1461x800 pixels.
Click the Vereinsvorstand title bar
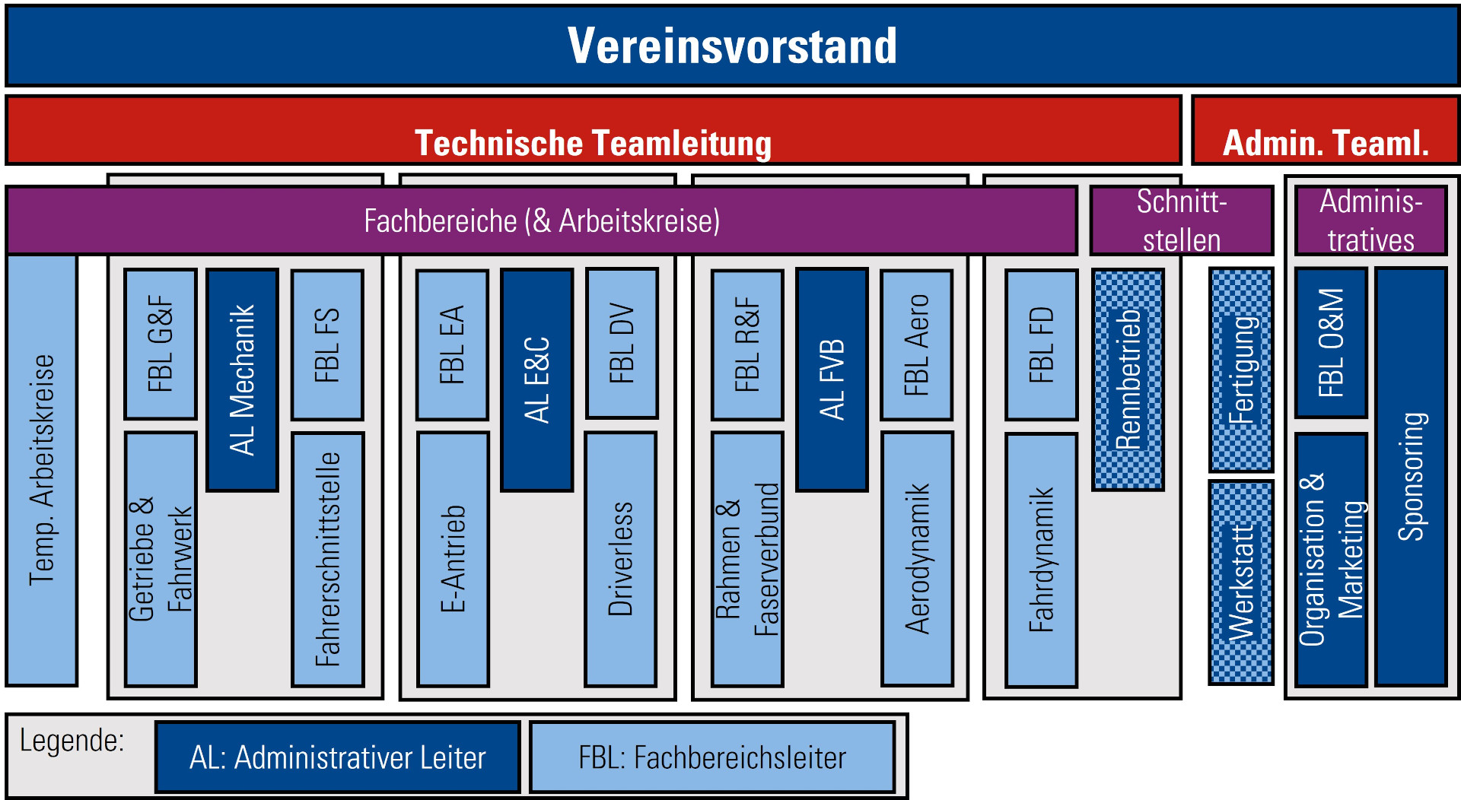[731, 46]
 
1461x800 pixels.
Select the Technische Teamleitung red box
[593, 130]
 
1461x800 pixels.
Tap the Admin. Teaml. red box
[1325, 130]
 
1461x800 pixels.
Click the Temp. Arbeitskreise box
[42, 469]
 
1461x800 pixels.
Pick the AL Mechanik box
[243, 379]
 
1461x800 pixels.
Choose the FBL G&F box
[161, 344]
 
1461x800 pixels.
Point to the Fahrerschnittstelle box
[328, 559]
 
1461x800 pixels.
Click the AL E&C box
[536, 379]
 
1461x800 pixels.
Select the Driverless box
[621, 559]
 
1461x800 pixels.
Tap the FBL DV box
[622, 343]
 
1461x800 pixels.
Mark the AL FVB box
[832, 379]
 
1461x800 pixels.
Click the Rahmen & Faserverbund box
[747, 559]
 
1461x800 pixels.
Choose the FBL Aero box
[917, 344]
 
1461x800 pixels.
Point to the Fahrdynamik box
[1041, 560]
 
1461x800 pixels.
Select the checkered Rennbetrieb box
[1128, 379]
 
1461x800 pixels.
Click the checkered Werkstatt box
[1241, 582]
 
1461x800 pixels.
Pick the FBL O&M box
[1331, 343]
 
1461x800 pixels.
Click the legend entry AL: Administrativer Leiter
[338, 757]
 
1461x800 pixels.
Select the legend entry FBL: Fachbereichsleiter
[712, 757]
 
